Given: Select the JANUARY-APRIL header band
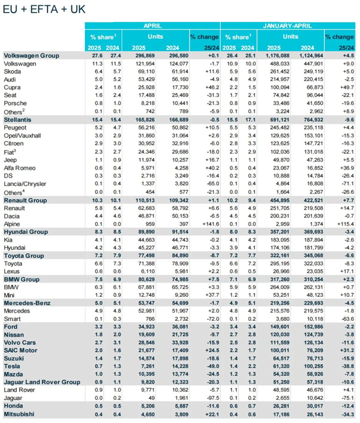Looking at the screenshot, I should [x=290, y=26].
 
